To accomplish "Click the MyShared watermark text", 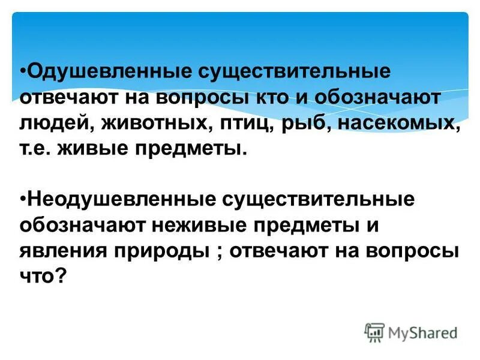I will tap(422, 332).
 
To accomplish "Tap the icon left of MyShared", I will tap(374, 332).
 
